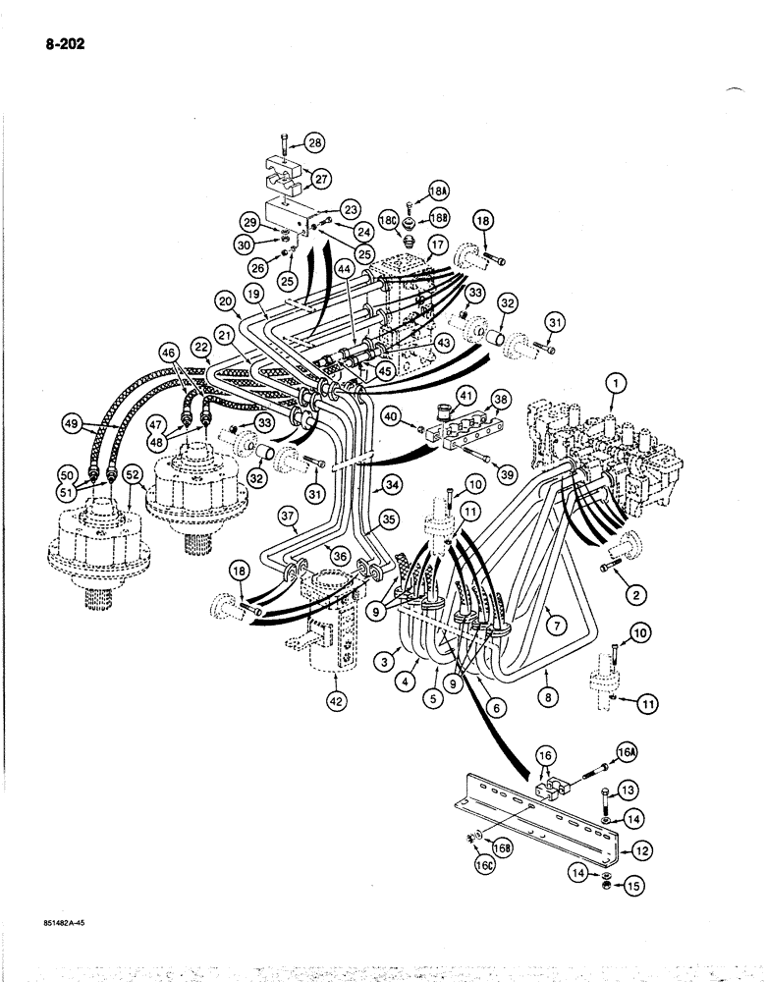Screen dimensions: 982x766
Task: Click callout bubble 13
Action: [629, 789]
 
